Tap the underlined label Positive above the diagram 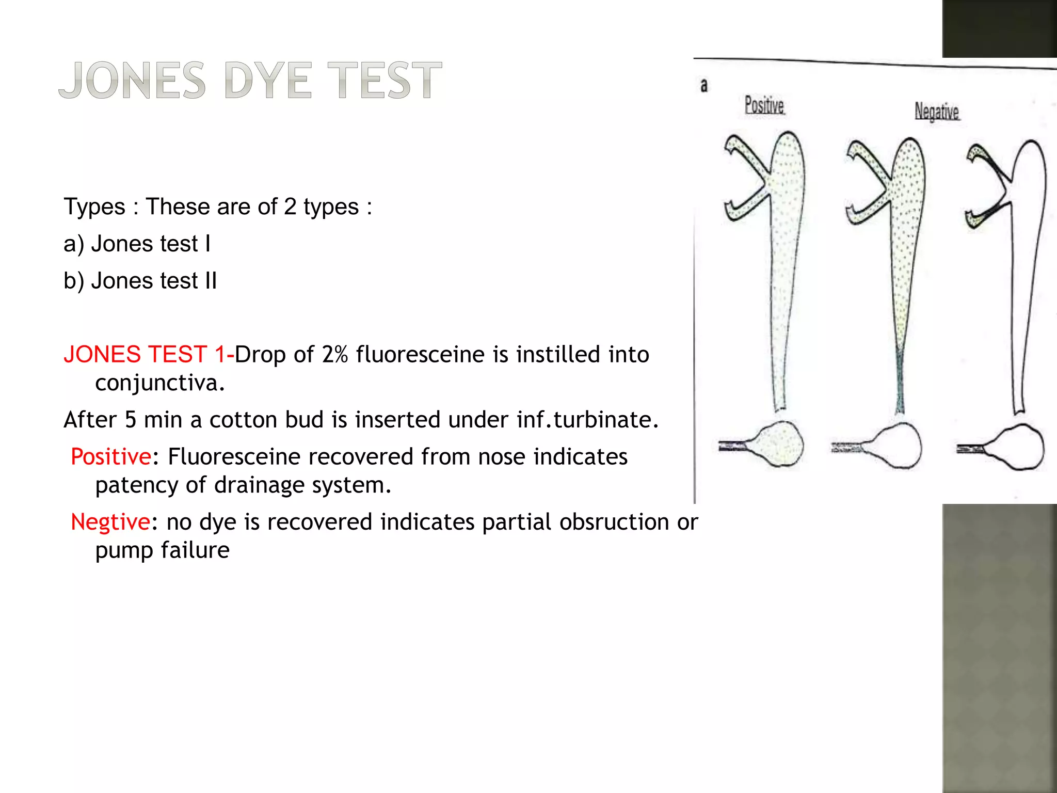point(764,105)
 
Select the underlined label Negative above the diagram point(937,112)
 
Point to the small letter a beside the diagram point(704,85)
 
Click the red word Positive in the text point(111,457)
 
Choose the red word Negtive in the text point(110,522)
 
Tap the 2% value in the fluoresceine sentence point(335,355)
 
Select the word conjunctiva point(160,383)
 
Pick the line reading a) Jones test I point(137,244)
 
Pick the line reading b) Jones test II point(140,281)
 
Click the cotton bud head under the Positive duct point(779,445)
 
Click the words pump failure point(162,550)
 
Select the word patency point(136,485)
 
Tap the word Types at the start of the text point(94,207)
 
